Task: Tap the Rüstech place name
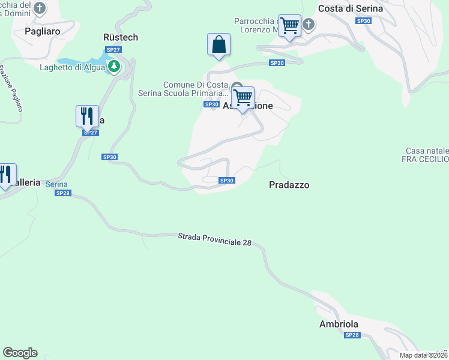pos(121,37)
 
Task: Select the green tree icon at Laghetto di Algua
pos(113,66)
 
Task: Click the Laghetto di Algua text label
pos(72,67)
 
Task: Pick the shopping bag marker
pos(218,44)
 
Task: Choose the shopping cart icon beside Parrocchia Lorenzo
pos(289,26)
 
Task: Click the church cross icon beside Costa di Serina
pos(309,24)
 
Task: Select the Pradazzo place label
pos(289,185)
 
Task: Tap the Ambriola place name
pos(339,324)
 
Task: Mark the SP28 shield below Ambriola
pos(352,335)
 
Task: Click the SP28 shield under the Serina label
pos(62,193)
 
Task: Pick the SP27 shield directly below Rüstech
pos(112,49)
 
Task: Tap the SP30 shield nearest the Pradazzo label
pos(226,181)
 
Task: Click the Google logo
pos(20,353)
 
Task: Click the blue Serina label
pos(56,184)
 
